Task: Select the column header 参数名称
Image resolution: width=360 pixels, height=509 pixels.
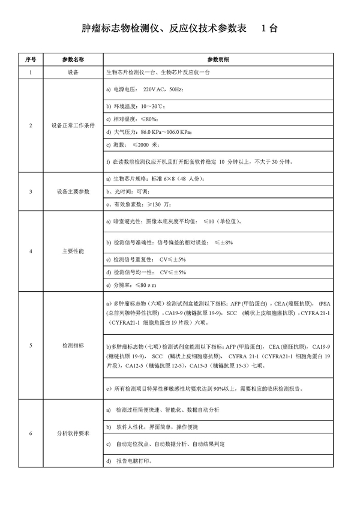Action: click(x=73, y=60)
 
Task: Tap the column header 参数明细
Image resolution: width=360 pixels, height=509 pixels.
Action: click(x=218, y=60)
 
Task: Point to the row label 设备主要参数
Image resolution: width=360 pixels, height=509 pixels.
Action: click(x=73, y=191)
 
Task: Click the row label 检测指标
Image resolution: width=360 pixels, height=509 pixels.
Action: click(x=73, y=346)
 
